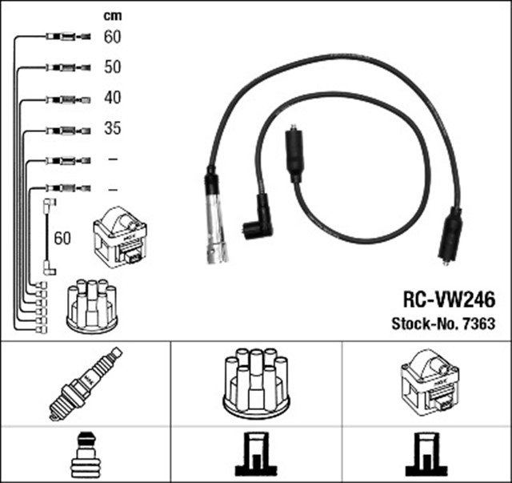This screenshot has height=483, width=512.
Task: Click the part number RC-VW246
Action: (x=448, y=300)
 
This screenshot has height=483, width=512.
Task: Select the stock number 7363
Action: (x=442, y=324)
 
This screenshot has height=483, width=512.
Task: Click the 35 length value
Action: (x=112, y=128)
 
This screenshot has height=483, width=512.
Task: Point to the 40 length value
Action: (x=112, y=98)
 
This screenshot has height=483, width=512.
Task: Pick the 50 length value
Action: (x=112, y=67)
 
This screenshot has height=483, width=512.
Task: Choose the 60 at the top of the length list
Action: (x=112, y=37)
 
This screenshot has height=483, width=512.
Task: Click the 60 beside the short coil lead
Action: (x=62, y=238)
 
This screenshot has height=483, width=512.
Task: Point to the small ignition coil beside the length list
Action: (x=121, y=237)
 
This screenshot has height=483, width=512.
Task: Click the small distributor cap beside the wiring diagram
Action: (x=91, y=304)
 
